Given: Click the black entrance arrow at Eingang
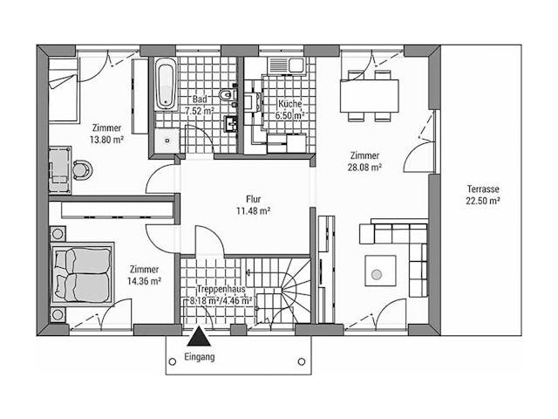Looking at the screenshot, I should (198, 338).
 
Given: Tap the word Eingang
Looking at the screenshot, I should (200, 358).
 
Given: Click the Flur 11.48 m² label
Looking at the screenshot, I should (253, 204).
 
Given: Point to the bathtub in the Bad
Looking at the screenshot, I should (166, 85).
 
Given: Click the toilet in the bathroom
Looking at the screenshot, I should (228, 94).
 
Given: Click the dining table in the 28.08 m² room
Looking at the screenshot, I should (369, 94).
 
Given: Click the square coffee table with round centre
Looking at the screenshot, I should (377, 274).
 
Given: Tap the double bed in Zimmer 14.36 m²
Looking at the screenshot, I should (82, 272).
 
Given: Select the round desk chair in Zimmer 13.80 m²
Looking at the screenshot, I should (82, 168).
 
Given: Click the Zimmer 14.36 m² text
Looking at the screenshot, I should (144, 275).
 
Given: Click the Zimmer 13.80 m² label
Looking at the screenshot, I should (106, 133).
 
